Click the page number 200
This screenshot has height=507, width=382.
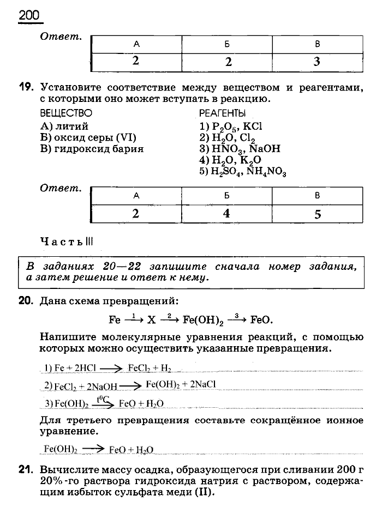pos(29,15)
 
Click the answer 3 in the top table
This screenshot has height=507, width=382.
pos(317,62)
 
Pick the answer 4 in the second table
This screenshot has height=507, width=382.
pos(226,214)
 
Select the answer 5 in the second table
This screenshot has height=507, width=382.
pos(318,214)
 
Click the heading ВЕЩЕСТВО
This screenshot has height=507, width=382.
pos(66,113)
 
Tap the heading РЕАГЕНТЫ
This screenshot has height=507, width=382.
pos(222,113)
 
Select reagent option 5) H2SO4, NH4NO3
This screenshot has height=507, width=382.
pos(243,171)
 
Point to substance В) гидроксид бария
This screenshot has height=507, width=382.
pos(92,149)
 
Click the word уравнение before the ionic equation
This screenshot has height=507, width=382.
pos(66,431)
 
